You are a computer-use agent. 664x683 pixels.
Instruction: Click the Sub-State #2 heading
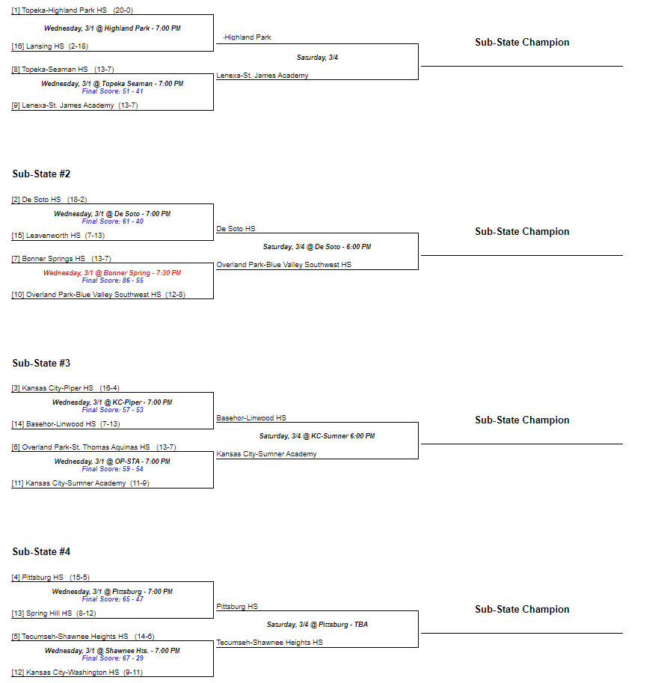(x=41, y=174)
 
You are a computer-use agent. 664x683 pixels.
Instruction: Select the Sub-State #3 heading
(x=41, y=363)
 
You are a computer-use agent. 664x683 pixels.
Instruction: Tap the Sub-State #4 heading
(x=41, y=551)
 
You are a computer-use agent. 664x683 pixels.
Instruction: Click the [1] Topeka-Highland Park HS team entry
(x=72, y=10)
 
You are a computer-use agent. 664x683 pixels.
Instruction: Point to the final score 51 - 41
(x=112, y=91)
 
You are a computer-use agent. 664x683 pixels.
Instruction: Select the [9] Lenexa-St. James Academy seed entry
(x=75, y=105)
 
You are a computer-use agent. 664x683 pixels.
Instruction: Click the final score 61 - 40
(x=112, y=221)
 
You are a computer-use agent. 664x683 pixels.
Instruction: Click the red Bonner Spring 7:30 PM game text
(x=112, y=273)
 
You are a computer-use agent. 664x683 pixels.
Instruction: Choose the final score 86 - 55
(x=112, y=281)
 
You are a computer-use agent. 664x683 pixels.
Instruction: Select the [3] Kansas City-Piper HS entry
(x=65, y=388)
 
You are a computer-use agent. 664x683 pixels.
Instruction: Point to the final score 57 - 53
(x=112, y=410)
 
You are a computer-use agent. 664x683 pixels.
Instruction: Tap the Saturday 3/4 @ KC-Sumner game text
(x=317, y=436)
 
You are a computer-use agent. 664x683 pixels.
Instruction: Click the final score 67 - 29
(x=112, y=658)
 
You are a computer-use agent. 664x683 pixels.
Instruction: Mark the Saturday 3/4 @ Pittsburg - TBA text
(x=317, y=625)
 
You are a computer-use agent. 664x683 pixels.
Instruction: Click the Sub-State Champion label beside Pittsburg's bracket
(x=522, y=609)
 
